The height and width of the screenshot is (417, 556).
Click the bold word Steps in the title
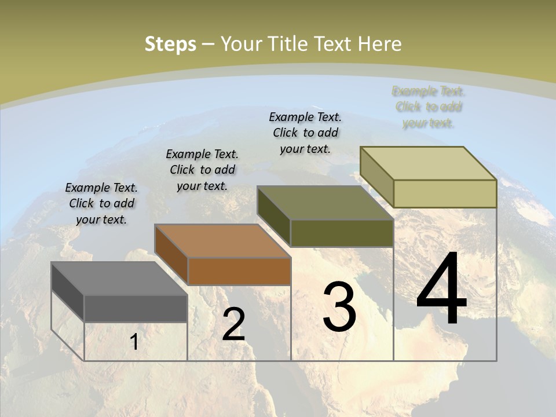(170, 44)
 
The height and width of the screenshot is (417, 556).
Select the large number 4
(441, 290)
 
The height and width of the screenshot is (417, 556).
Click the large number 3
(339, 306)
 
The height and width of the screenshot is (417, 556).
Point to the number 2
(234, 324)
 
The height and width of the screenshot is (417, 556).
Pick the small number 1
(134, 342)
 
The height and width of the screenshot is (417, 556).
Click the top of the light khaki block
(429, 163)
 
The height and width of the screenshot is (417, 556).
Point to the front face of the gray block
(136, 309)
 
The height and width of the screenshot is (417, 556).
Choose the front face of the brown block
(239, 271)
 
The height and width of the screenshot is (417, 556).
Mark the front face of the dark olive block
(342, 233)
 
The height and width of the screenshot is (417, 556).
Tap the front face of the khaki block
(445, 193)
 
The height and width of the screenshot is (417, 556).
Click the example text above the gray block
(101, 204)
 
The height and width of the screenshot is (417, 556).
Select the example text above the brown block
(202, 170)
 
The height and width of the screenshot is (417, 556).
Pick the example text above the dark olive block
(305, 133)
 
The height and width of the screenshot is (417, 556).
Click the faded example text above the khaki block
(429, 107)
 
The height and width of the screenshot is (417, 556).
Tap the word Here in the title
(380, 44)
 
